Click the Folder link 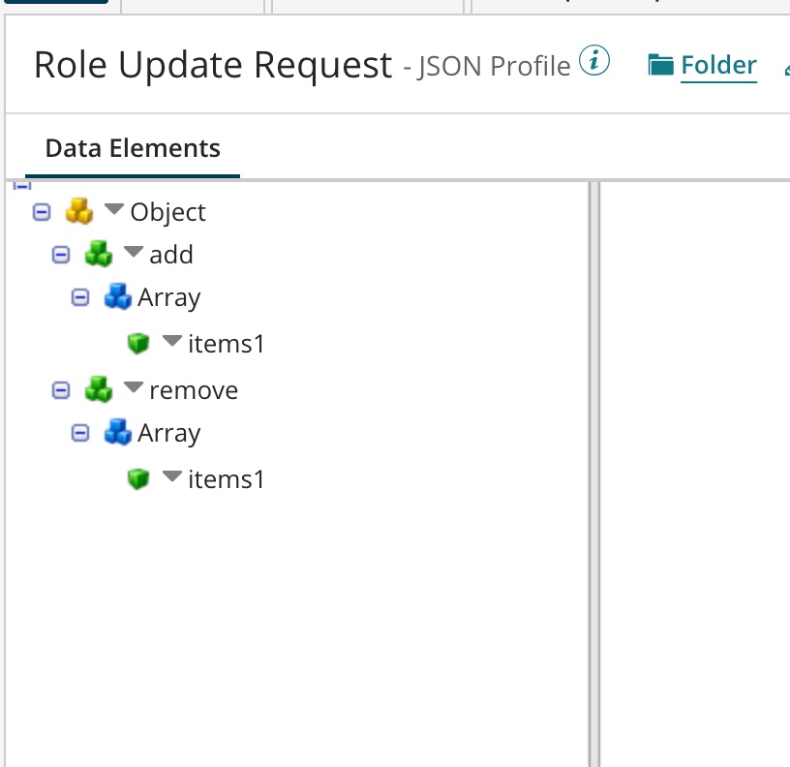pos(718,65)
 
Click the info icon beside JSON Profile pos(594,60)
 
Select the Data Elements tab pos(133,148)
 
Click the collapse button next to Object pos(42,212)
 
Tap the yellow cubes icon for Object pos(79,210)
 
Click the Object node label pos(167,212)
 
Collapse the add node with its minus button pos(61,255)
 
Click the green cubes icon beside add pos(99,253)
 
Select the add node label pos(171,255)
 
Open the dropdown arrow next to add pos(134,251)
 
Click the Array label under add pos(168,297)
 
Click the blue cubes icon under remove pos(117,431)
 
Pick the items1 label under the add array pos(227,344)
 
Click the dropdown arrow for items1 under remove pos(172,476)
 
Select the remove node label pos(194,390)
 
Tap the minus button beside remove pos(61,390)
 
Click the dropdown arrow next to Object pos(114,208)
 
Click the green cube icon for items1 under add pos(138,343)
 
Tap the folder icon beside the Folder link pos(660,65)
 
